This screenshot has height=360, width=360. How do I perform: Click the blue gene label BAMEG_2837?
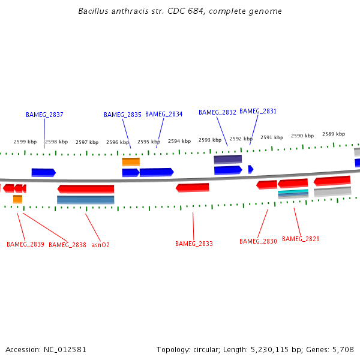click(44, 115)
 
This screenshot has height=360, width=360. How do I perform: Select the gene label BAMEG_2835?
click(122, 115)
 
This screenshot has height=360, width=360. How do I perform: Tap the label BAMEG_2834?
click(164, 114)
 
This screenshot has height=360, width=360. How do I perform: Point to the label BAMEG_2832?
click(217, 112)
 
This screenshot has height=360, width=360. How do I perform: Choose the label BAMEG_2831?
click(258, 111)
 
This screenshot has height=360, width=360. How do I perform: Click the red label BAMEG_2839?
click(25, 245)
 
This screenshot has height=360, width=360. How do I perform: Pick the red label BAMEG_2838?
click(67, 245)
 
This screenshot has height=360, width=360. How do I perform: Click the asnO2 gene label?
click(100, 245)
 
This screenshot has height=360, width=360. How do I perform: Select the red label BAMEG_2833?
click(194, 244)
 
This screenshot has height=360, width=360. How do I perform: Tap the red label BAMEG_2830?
click(258, 241)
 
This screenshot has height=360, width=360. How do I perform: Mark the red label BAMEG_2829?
click(301, 239)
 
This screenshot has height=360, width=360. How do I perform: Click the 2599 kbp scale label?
click(25, 142)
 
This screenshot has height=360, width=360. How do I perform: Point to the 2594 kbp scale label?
click(179, 142)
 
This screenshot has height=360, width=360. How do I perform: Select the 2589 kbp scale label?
click(334, 134)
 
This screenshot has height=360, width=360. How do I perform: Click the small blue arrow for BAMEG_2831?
click(251, 169)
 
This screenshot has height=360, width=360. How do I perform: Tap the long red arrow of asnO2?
click(86, 189)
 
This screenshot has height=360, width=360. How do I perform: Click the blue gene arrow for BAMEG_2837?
click(43, 172)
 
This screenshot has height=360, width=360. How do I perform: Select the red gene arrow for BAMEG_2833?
click(193, 188)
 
